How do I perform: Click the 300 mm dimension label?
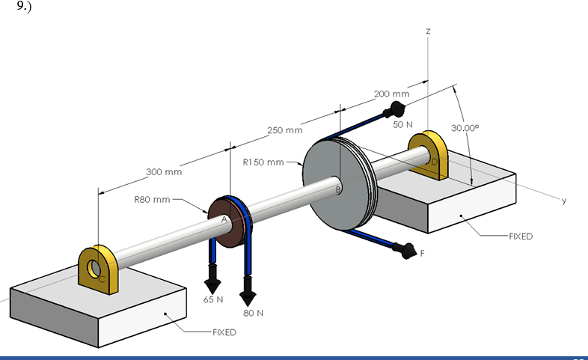pyautogui.click(x=164, y=172)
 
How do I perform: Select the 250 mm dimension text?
pyautogui.click(x=284, y=131)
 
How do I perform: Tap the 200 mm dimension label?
pyautogui.click(x=391, y=94)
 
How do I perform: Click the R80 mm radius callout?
pyautogui.click(x=153, y=200)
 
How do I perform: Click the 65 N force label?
pyautogui.click(x=213, y=299)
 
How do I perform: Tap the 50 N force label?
pyautogui.click(x=402, y=124)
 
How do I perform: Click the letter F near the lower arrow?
pyautogui.click(x=423, y=254)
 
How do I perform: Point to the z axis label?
pyautogui.click(x=427, y=31)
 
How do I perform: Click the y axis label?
pyautogui.click(x=565, y=201)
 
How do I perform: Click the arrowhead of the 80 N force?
pyautogui.click(x=248, y=296)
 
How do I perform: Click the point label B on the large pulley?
pyautogui.click(x=338, y=191)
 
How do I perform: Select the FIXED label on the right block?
pyautogui.click(x=521, y=237)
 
